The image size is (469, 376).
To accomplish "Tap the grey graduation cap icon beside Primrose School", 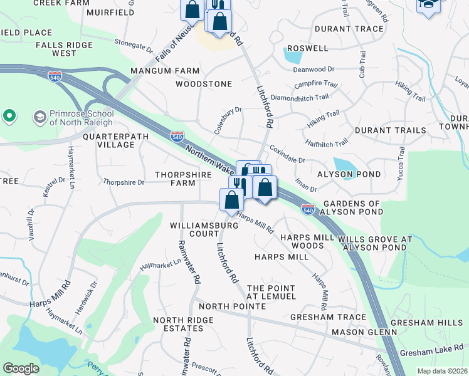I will click(39, 117).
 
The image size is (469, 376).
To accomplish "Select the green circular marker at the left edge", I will click(9, 116).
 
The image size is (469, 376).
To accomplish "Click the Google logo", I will click(21, 368).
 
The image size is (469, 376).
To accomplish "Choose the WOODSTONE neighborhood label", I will click(204, 84).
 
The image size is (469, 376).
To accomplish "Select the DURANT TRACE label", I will click(349, 29).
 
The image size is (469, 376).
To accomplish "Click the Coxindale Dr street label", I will click(287, 156).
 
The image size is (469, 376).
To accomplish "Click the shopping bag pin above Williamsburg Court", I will click(232, 199).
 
